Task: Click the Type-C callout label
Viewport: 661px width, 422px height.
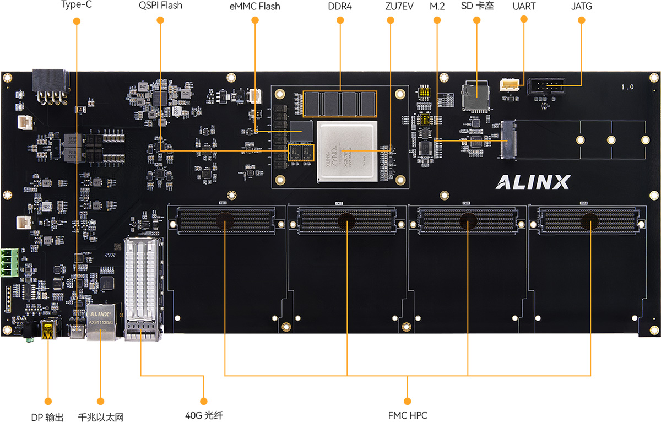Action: [76, 6]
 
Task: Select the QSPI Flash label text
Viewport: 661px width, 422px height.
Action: [160, 6]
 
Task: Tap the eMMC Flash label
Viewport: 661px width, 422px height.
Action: [254, 7]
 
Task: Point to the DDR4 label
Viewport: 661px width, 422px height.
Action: [340, 6]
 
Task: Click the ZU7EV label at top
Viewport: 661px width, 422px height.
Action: [391, 6]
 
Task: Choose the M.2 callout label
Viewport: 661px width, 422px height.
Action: [437, 6]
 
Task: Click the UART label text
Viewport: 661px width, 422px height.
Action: [523, 6]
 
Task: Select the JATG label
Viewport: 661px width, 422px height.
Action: [582, 6]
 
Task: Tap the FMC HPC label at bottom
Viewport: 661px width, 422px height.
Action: [408, 415]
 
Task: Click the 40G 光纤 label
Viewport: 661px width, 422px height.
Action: [203, 415]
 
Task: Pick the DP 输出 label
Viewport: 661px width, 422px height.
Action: [47, 417]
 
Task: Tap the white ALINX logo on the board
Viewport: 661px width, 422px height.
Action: [533, 182]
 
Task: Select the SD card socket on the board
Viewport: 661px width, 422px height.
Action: [475, 96]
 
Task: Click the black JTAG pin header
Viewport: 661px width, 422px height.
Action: [545, 86]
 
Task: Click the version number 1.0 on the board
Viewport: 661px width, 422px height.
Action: [627, 87]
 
